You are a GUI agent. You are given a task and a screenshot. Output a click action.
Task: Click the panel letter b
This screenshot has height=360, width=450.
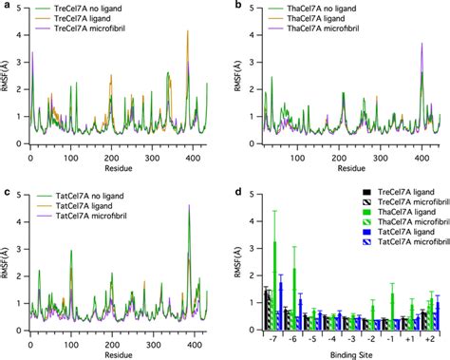pyautogui.click(x=234, y=8)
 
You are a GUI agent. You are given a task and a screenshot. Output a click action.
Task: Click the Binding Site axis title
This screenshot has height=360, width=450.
pyautogui.click(x=347, y=351)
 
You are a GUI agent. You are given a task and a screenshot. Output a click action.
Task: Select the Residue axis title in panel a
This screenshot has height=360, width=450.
pyautogui.click(x=120, y=167)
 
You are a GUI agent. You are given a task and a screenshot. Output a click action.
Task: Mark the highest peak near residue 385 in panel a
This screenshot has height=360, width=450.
pyautogui.click(x=187, y=32)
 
